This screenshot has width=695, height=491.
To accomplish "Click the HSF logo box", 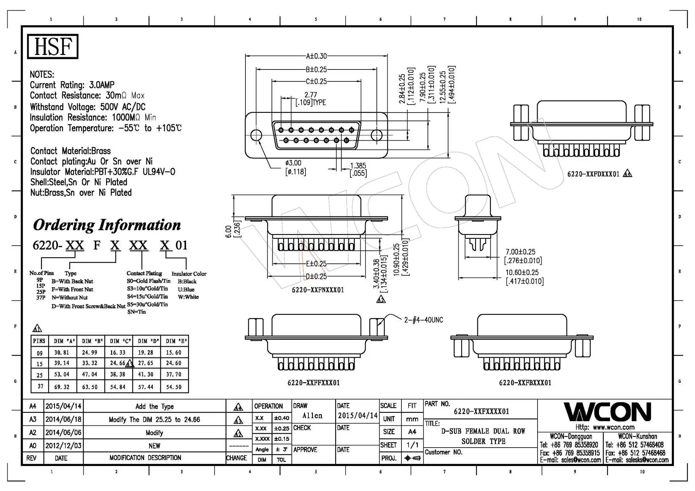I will [x=52, y=46].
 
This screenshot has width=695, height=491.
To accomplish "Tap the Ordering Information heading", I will [x=107, y=225].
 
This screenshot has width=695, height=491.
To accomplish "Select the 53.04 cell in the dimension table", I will [x=62, y=374].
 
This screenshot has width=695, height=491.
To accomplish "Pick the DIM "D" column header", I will [x=146, y=341].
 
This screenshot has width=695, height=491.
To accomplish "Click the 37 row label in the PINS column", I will [x=40, y=386].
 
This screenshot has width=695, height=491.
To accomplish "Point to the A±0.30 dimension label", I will [x=316, y=56].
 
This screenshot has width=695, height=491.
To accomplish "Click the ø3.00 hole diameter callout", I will [x=293, y=163].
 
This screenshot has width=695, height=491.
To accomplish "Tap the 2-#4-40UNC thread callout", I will [x=423, y=320].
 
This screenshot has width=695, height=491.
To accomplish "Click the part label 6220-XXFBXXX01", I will [x=525, y=383].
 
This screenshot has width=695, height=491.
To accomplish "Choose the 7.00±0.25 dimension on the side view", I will [x=520, y=252].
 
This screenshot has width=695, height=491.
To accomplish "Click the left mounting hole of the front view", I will [x=256, y=135].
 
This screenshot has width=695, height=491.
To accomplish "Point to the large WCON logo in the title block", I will [x=607, y=412].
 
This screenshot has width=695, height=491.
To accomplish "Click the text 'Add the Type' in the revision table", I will [x=155, y=406].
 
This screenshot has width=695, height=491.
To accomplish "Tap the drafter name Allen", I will [x=312, y=416].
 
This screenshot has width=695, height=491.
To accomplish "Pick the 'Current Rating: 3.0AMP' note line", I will [x=72, y=85].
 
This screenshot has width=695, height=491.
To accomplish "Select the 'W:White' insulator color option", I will [x=188, y=297].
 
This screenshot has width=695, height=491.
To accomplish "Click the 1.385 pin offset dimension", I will [x=358, y=166].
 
